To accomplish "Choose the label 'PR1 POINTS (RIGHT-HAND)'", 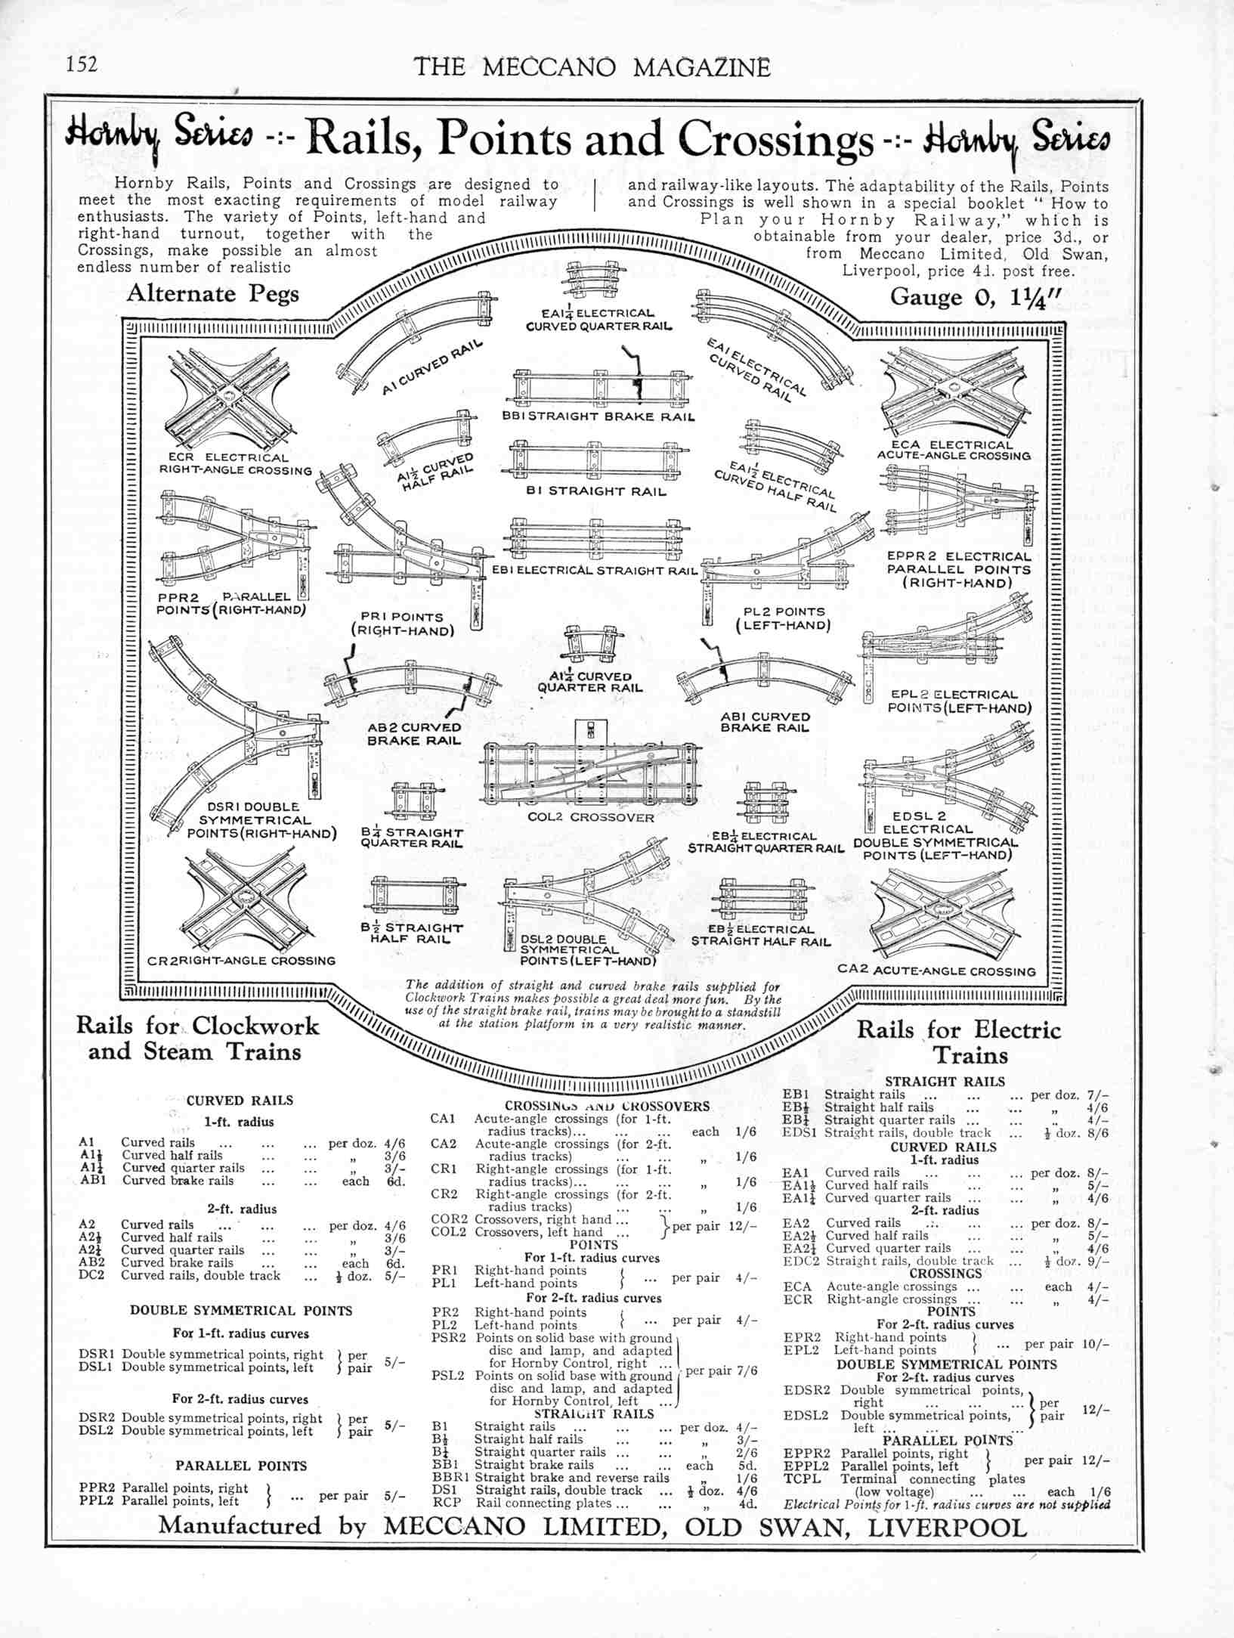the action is [x=402, y=624].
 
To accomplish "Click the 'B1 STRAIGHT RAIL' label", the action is [x=596, y=491].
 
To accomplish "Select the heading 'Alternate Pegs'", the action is [x=212, y=293].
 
